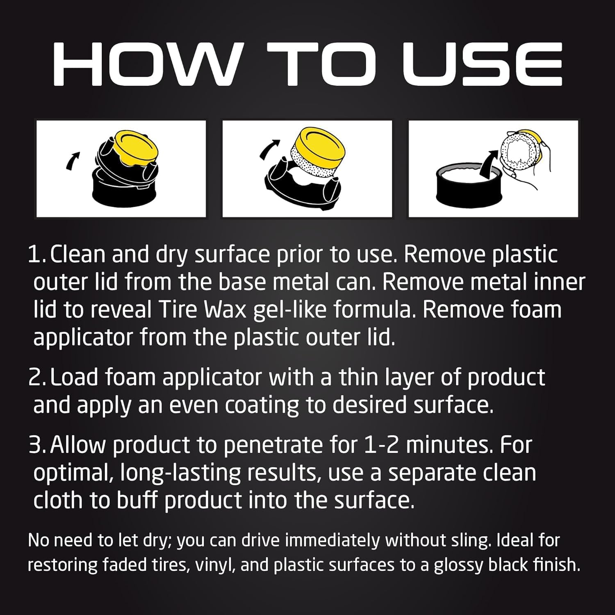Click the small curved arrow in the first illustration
[x=72, y=160]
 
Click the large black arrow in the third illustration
[x=490, y=164]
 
